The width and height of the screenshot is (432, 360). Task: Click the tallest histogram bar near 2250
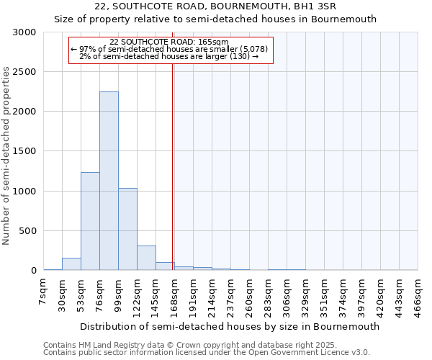tap(109, 181)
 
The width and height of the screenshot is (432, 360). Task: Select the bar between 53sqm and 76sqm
tap(90, 221)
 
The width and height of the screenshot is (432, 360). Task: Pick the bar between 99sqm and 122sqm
tap(127, 229)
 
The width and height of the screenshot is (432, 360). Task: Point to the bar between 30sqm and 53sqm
tap(71, 264)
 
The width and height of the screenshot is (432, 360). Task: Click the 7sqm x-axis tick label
tap(43, 292)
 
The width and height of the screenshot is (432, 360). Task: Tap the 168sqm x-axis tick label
tap(174, 295)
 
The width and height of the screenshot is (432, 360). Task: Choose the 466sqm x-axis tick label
tap(418, 295)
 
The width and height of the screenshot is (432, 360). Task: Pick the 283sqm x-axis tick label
tap(268, 295)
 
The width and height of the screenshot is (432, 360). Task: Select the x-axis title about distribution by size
tap(230, 326)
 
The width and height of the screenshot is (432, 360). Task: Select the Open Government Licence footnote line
tap(207, 353)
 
